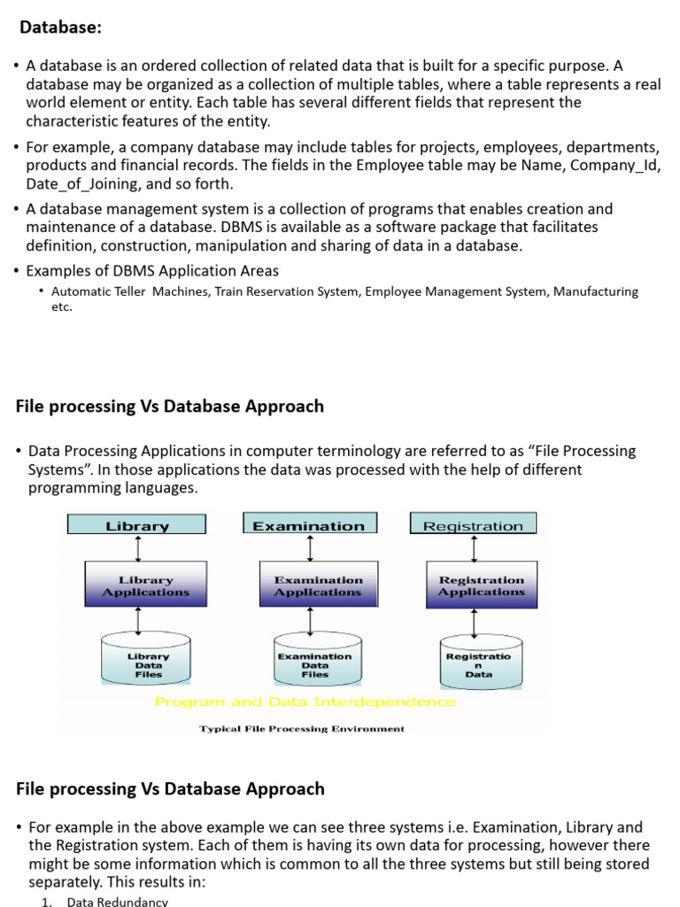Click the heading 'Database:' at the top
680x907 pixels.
[61, 27]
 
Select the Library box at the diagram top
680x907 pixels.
[136, 525]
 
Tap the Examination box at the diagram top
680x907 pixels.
[309, 525]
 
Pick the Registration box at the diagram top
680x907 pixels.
[473, 525]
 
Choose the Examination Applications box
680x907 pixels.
[318, 585]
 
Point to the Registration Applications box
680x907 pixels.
[482, 585]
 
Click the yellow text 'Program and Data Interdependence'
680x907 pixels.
[305, 702]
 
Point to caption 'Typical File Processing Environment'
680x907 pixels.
[302, 729]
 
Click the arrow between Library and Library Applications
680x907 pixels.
[136, 547]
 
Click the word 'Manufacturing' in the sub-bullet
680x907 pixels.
[595, 291]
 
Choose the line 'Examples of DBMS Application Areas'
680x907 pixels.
[152, 270]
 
